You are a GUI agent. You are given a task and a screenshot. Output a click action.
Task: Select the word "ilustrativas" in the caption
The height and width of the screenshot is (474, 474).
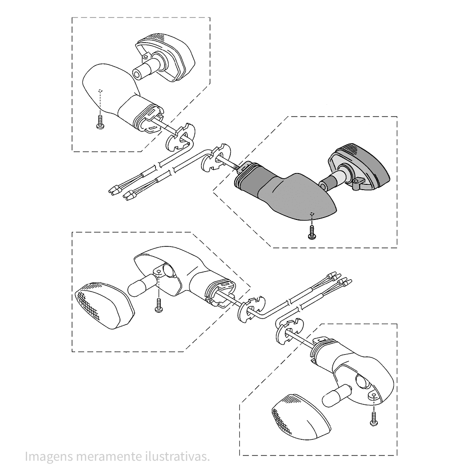pos(176,457)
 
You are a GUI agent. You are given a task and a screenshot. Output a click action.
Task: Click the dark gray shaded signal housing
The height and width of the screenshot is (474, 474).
pos(294,197)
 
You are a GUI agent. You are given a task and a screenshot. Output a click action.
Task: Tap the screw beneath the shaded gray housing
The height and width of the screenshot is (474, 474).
pos(311,232)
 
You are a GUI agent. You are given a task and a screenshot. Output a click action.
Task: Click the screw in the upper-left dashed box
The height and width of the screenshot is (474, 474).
pos(100,123)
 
